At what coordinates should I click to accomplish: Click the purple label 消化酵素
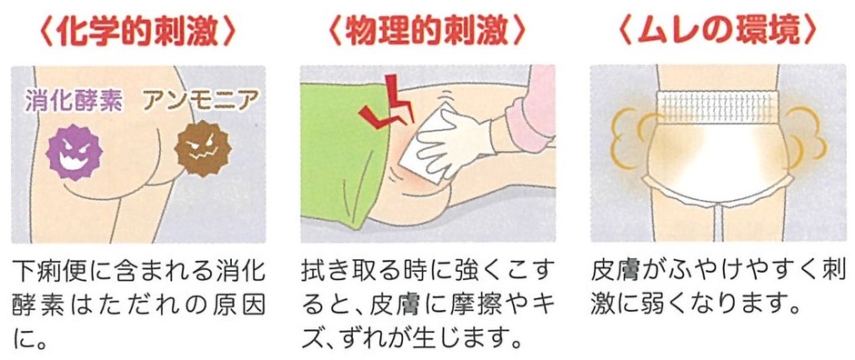[74, 101]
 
